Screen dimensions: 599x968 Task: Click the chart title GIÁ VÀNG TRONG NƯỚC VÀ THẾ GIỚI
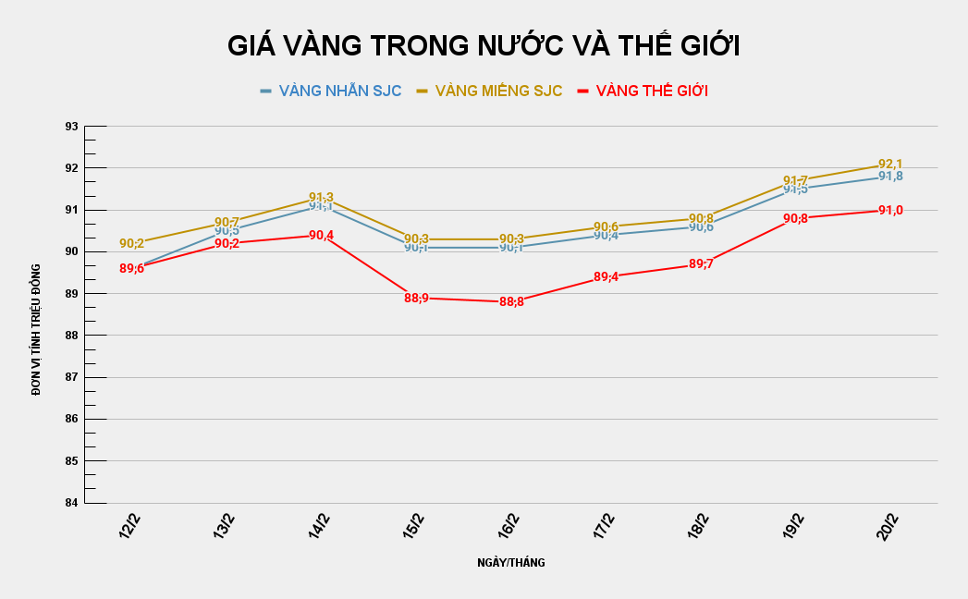coord(484,46)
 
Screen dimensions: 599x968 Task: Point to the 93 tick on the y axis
coord(69,126)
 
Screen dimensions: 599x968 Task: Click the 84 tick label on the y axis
coord(69,503)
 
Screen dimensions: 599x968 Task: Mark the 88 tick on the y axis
coord(69,336)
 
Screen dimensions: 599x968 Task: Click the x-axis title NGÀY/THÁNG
coord(510,563)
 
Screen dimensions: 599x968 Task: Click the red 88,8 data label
coord(511,302)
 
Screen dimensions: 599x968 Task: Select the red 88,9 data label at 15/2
coord(416,298)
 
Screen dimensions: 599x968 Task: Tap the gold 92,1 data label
coord(890,164)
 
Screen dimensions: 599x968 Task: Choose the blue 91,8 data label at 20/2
coord(890,177)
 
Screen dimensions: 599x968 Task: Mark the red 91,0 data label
coord(890,211)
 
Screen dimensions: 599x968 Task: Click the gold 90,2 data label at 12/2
coord(131,244)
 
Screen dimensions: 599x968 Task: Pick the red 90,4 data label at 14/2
coord(321,236)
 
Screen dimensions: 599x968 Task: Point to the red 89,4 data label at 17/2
coord(606,276)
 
